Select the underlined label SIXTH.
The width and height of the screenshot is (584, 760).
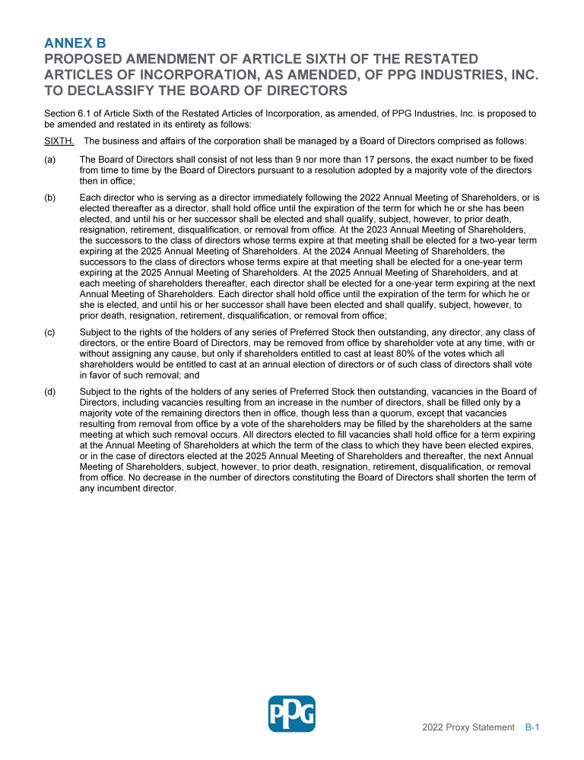[x=59, y=141]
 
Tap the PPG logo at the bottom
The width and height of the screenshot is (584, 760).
[x=292, y=714]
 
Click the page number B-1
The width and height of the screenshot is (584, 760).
[x=532, y=727]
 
